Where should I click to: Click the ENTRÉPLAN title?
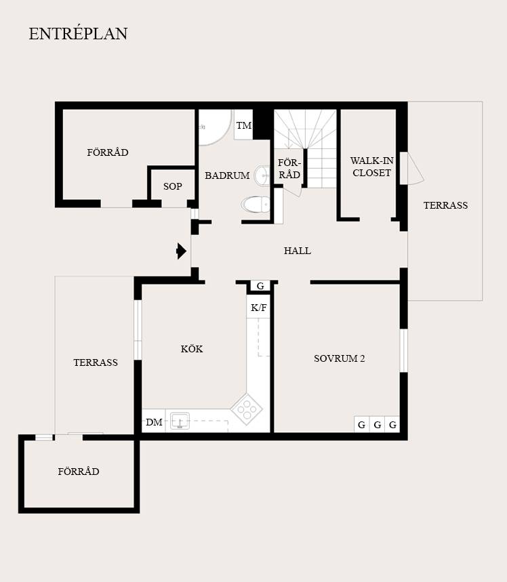[x=79, y=33]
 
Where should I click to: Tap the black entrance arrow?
[x=181, y=251]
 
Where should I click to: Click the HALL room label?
[x=297, y=251]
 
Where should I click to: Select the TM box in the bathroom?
[x=243, y=125]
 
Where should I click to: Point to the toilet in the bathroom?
[x=256, y=205]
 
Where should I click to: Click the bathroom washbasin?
[x=262, y=175]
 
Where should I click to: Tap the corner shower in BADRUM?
[x=214, y=127]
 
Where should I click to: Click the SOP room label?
[x=173, y=186]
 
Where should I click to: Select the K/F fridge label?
[x=258, y=308]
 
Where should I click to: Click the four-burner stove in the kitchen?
[x=247, y=409]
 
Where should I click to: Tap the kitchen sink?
[x=180, y=421]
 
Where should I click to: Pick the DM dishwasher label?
[x=154, y=422]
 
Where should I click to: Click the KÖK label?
[x=192, y=349]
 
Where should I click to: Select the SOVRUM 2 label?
[x=339, y=358]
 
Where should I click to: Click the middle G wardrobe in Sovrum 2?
[x=378, y=424]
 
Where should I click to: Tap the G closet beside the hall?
[x=260, y=286]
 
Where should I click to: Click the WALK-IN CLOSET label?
[x=372, y=167]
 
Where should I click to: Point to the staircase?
[x=305, y=148]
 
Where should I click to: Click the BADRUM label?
[x=227, y=175]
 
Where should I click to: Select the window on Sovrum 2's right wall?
[x=403, y=350]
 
